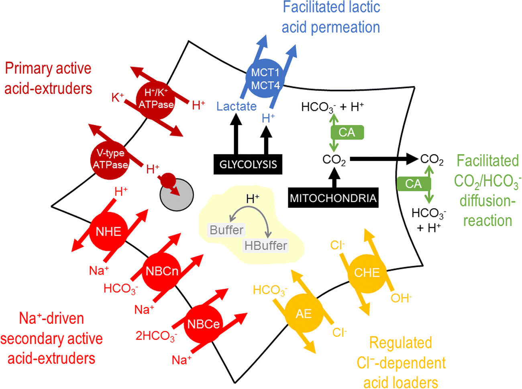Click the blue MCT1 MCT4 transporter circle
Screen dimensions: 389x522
(x=265, y=79)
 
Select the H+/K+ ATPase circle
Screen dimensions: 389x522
(x=156, y=99)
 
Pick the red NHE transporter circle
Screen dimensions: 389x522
(x=108, y=231)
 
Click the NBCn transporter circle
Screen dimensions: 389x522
(x=162, y=271)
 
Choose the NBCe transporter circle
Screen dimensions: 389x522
(x=204, y=324)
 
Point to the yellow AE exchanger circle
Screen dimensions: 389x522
(x=304, y=313)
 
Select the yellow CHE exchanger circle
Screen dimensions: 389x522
(x=367, y=273)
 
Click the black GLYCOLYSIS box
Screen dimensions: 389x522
(x=248, y=164)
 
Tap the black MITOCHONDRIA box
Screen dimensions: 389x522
(x=333, y=198)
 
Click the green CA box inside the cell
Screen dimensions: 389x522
(x=347, y=132)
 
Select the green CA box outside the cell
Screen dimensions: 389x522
(x=413, y=184)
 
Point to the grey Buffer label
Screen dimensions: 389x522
(x=226, y=230)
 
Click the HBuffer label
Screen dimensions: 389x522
(x=266, y=245)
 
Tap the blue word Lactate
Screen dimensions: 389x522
(x=236, y=106)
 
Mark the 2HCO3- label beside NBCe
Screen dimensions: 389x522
(x=156, y=336)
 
